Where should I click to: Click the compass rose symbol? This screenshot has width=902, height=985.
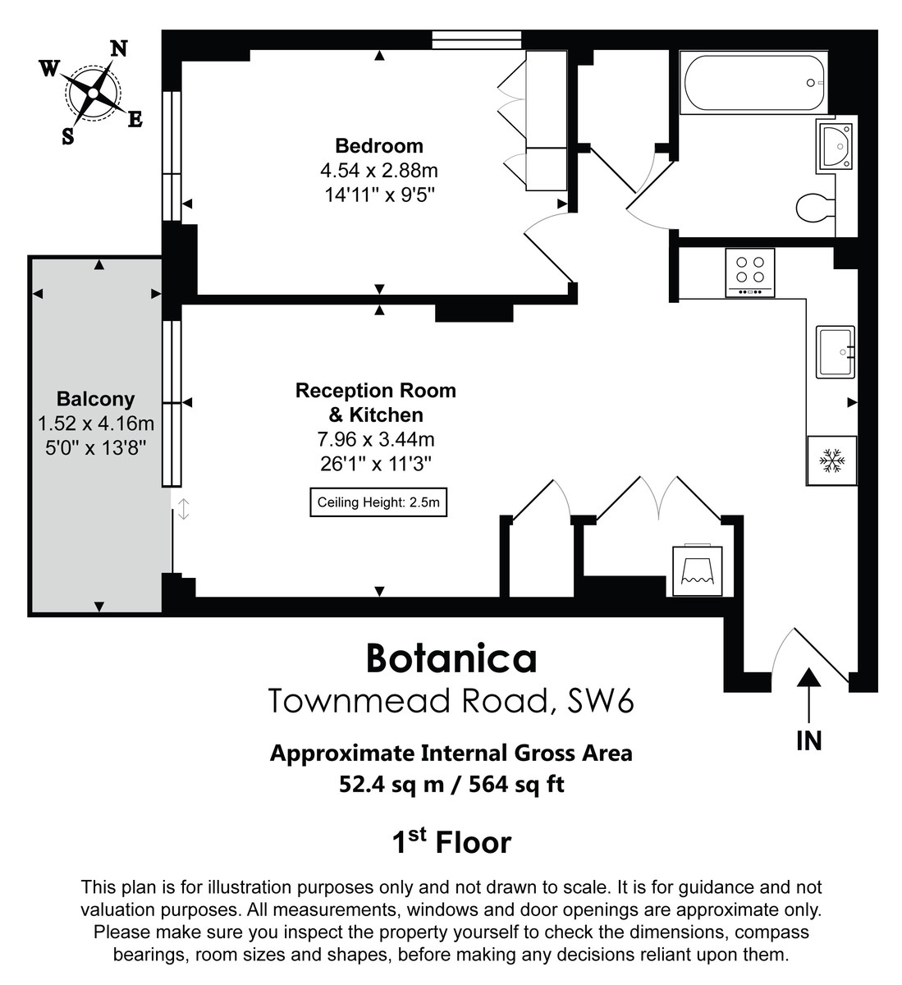[94, 92]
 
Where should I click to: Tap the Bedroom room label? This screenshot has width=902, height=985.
[379, 146]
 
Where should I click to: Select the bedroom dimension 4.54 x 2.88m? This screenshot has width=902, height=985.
[379, 171]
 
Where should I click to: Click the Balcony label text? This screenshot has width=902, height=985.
[95, 400]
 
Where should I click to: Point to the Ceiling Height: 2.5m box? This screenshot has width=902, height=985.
[379, 502]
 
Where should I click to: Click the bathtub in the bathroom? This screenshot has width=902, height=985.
[755, 84]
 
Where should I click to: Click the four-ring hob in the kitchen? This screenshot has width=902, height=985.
[750, 272]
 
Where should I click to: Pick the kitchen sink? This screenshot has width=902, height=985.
[836, 352]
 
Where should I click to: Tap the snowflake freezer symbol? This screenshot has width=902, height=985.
[832, 461]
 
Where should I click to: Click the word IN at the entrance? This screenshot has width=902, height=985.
[809, 741]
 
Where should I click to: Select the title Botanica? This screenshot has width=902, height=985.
[451, 658]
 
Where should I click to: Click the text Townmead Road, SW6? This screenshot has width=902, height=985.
[451, 702]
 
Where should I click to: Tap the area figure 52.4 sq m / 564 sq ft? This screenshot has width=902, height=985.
[451, 785]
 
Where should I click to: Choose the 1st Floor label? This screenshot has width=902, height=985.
[451, 842]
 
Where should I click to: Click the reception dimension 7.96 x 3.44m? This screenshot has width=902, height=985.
[376, 439]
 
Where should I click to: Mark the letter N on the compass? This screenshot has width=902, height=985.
[119, 48]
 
